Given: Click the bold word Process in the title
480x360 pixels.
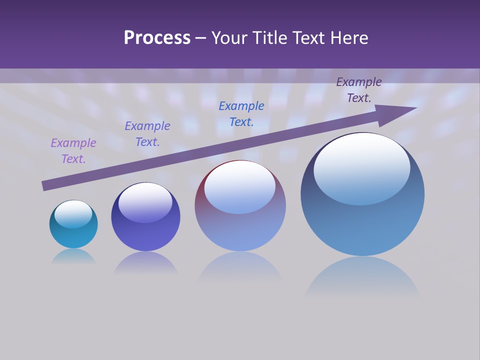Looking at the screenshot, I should coord(157,38).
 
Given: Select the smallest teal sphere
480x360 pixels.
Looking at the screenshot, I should coord(73,232).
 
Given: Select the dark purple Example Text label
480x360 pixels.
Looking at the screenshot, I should coord(359,90).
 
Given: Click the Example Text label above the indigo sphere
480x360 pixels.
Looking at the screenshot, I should coord(147,134).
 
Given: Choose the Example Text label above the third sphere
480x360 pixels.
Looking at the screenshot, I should coord(241,114).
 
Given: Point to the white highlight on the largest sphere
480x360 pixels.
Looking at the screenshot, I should coord(361,167).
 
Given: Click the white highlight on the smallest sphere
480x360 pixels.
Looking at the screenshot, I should coord(73,213).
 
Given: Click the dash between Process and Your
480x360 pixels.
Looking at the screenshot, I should coord(201,38).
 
